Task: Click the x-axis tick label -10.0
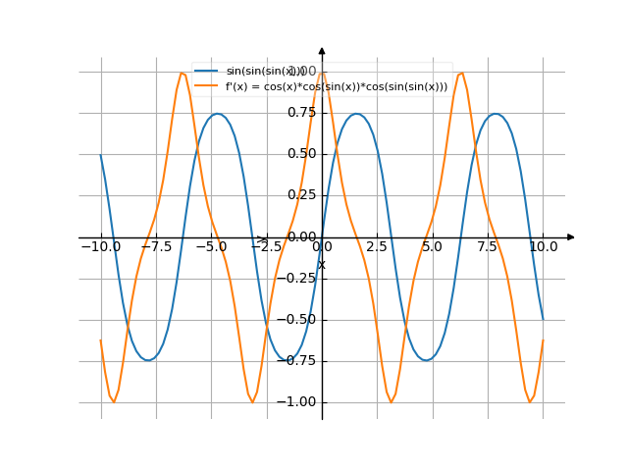[100, 247]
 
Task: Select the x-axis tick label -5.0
[211, 247]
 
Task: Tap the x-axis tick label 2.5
[377, 247]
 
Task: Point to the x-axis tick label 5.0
[432, 247]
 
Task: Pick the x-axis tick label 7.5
[488, 247]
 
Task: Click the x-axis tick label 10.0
[543, 247]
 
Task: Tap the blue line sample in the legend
[206, 71]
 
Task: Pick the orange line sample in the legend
[206, 86]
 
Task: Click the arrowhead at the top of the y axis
[322, 50]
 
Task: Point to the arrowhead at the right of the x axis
[570, 237]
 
